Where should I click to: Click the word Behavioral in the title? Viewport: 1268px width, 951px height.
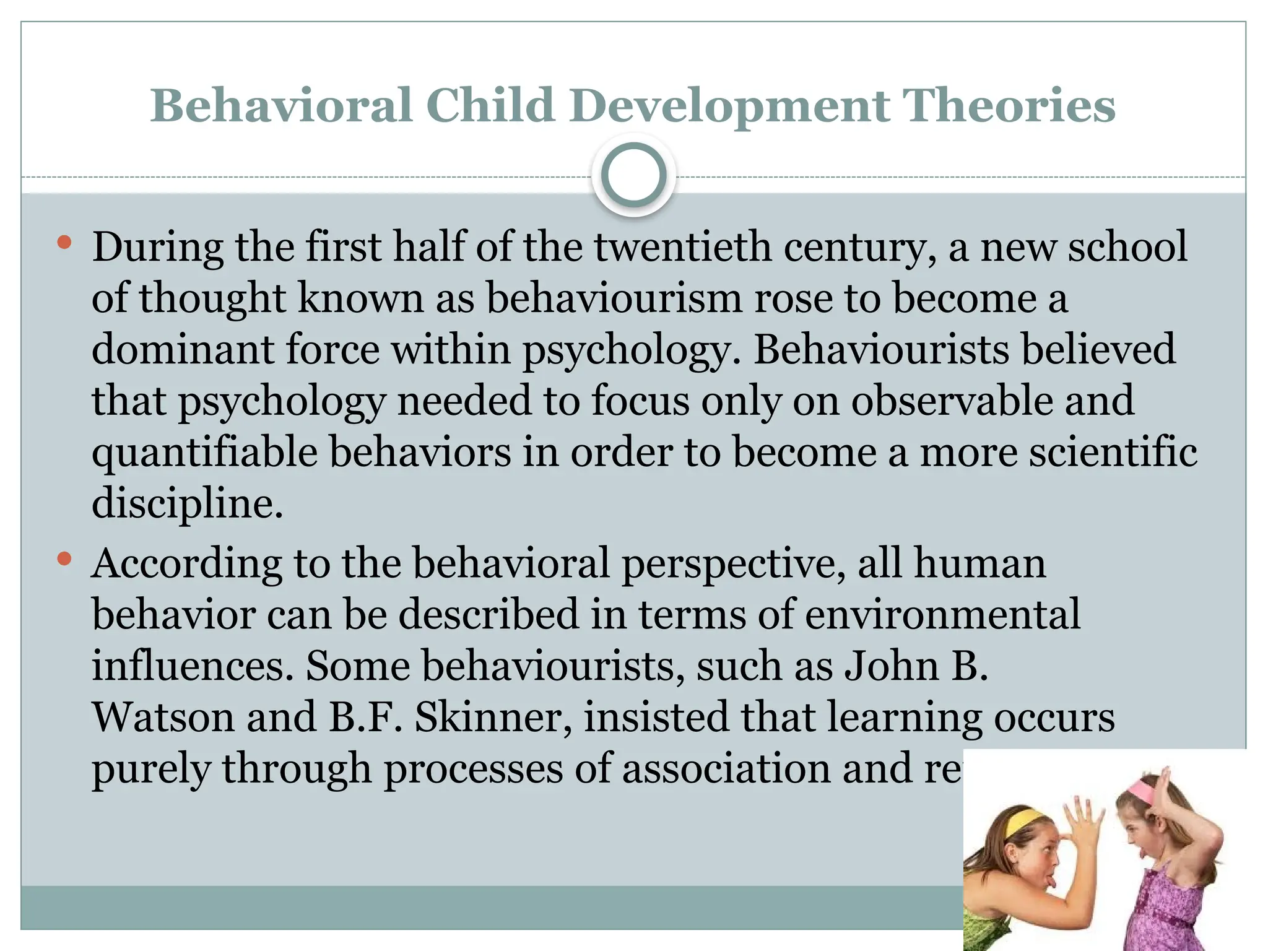tap(281, 105)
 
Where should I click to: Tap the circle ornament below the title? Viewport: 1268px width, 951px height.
tap(633, 175)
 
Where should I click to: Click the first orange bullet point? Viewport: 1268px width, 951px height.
tap(64, 242)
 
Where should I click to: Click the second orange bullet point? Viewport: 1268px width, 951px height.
tap(64, 559)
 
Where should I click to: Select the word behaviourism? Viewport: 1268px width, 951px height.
tap(614, 298)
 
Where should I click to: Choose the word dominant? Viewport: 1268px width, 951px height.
tap(182, 349)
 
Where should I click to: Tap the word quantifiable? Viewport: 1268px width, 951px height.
tap(204, 452)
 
